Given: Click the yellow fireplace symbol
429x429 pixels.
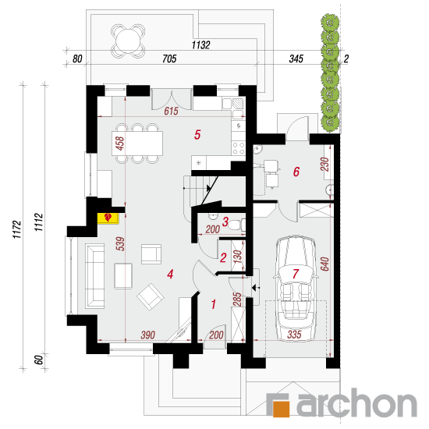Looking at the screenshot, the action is [108, 218].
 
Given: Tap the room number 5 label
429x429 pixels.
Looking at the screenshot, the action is [197, 135].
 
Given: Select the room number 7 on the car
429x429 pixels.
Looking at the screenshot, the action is [295, 274].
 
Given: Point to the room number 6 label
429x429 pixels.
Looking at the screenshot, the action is [296, 172].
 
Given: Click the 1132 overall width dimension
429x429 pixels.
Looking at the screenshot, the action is [200, 45].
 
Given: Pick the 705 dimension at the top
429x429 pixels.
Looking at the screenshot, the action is [169, 58].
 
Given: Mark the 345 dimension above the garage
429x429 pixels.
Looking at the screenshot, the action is [296, 58].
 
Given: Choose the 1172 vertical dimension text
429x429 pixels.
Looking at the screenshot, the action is [16, 229].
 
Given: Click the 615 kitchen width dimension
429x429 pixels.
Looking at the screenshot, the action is [172, 111].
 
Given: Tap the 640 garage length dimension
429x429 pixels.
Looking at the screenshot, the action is [324, 264].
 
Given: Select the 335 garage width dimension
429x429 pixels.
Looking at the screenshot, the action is [294, 335].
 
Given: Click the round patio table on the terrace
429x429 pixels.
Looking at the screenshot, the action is [128, 41].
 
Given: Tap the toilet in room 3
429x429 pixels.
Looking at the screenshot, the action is [237, 225].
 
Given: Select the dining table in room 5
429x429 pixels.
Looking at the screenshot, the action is [137, 144].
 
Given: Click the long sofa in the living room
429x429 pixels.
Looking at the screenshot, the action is [95, 276].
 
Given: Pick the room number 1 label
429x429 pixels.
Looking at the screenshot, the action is [214, 304].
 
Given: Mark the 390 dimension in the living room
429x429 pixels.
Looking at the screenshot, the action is [148, 335].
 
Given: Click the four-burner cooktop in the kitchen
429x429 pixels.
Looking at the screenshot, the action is [239, 148].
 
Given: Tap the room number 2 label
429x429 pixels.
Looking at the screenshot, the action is [223, 257].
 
